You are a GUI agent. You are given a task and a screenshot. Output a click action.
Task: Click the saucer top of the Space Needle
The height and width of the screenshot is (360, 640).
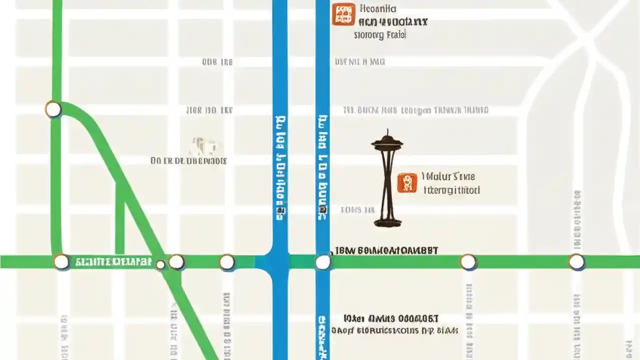[x=387, y=144]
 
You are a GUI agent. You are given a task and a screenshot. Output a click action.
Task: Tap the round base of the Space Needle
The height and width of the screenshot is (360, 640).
[x=387, y=222]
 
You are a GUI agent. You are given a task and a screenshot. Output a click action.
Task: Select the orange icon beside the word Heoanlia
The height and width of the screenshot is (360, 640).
[x=343, y=14]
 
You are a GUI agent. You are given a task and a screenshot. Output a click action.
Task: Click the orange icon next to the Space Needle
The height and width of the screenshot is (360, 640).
[x=407, y=183]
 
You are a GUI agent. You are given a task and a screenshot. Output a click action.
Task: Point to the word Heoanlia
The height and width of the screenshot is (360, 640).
[x=378, y=9]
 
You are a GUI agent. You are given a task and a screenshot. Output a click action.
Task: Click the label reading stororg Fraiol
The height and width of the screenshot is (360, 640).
[x=380, y=35]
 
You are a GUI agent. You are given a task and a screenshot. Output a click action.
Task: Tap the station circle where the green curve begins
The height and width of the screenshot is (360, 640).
[x=53, y=109]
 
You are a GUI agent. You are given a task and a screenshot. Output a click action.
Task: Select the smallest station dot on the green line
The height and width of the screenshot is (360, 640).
[x=160, y=264]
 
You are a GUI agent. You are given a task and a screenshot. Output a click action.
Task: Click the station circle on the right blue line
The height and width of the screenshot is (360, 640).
[x=323, y=262]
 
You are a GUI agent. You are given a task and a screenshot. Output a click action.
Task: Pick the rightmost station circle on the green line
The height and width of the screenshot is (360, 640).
[x=576, y=261]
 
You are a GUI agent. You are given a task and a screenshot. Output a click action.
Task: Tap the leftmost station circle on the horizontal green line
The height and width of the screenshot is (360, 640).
[x=61, y=261]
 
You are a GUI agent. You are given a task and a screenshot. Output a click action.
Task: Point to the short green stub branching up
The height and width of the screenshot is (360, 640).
[x=120, y=220]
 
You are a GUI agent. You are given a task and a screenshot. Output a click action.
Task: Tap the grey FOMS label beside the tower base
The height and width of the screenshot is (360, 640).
[x=357, y=210]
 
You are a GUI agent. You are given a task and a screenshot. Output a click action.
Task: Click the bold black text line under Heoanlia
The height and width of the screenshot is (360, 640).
[x=393, y=22]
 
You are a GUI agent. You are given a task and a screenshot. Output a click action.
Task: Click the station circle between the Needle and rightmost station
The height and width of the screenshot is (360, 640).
[x=468, y=261]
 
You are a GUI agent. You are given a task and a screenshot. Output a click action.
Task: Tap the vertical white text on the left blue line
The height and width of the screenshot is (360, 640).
[x=280, y=167]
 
